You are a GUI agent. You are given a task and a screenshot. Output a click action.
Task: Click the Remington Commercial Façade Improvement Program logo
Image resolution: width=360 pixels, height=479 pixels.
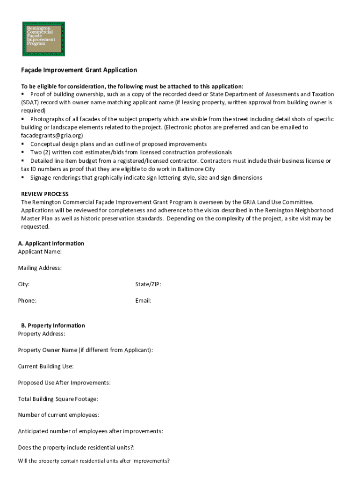point(43,39)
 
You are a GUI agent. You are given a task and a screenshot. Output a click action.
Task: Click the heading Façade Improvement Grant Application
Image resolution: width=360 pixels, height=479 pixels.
point(79,70)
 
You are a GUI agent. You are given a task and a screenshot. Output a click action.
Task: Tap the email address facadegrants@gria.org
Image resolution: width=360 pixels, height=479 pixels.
point(52,136)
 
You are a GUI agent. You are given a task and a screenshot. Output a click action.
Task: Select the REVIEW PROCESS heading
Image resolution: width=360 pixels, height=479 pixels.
point(45,194)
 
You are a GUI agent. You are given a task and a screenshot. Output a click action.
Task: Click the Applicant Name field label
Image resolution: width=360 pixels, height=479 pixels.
point(40,252)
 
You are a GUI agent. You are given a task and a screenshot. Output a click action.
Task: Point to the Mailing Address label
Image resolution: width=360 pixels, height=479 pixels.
point(40,268)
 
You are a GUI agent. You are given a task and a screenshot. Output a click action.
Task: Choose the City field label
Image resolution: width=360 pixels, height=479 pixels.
point(24,284)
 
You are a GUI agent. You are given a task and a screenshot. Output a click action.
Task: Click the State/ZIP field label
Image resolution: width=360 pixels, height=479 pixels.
point(148,284)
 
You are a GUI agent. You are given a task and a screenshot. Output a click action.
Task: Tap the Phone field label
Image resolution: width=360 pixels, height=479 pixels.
point(27,301)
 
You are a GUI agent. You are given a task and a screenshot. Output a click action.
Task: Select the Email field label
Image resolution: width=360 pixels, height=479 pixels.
point(143,301)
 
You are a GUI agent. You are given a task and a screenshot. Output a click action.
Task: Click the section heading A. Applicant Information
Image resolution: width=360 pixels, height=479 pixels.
point(51,243)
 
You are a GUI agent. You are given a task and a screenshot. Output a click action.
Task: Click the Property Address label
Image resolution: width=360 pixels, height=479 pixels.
point(42,334)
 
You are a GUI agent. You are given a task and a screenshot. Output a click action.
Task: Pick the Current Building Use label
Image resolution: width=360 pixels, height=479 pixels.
point(46,366)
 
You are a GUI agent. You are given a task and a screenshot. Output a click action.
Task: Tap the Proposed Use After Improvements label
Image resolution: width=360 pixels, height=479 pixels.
point(65,383)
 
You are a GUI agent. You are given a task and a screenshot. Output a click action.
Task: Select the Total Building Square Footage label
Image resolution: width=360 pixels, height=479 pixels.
point(58,399)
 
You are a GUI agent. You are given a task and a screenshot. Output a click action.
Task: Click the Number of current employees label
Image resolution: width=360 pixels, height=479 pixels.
point(58,415)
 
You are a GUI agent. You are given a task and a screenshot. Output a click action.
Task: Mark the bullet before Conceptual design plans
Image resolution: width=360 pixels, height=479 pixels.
point(23,144)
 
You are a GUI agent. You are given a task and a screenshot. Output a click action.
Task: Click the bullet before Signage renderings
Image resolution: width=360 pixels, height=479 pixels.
point(23,178)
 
